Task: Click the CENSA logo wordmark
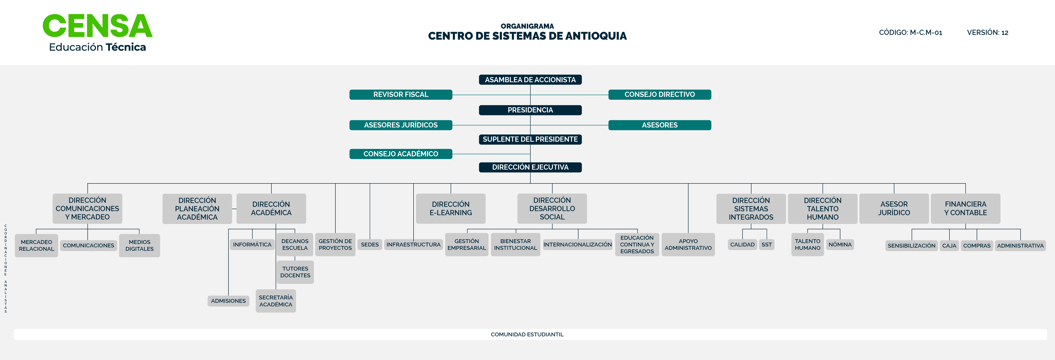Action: (98, 26)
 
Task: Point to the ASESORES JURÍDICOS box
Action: (400, 125)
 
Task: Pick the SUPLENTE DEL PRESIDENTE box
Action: (530, 139)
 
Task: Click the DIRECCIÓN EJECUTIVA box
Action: (530, 167)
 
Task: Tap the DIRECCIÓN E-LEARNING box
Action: (450, 208)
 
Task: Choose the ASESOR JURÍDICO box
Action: (894, 208)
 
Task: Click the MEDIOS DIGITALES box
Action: (139, 245)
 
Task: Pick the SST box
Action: (766, 244)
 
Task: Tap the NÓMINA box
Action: (840, 244)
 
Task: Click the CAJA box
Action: (949, 246)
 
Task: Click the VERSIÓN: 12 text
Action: (987, 33)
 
